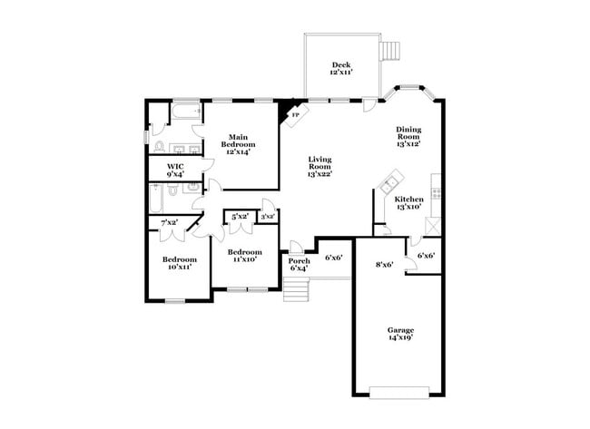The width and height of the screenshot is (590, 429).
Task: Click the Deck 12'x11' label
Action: pos(341,68)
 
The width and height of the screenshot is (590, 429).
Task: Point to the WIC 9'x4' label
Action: pos(176,171)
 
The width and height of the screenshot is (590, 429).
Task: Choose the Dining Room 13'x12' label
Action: pos(408,136)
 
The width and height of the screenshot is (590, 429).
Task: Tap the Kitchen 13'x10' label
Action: pos(408,202)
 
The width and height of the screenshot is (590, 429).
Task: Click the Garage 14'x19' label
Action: pos(400,334)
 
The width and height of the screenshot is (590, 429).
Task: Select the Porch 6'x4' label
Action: pos(299,264)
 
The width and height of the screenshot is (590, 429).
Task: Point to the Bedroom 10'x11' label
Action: pos(180,264)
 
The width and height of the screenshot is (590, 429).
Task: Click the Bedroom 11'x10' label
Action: pos(244,256)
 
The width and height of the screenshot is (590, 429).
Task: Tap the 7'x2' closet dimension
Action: pos(170,222)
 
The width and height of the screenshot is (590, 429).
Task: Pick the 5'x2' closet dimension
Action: pos(240,217)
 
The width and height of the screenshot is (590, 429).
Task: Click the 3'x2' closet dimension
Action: pos(268,217)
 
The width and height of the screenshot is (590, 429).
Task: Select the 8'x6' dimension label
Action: pos(384,265)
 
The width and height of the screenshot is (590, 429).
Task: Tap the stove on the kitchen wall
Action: pos(437,192)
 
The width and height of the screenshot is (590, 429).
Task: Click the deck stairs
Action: pos(389,49)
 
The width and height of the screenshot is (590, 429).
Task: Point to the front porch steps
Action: pos(296,290)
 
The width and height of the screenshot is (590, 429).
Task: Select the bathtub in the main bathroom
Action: pos(188,113)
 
